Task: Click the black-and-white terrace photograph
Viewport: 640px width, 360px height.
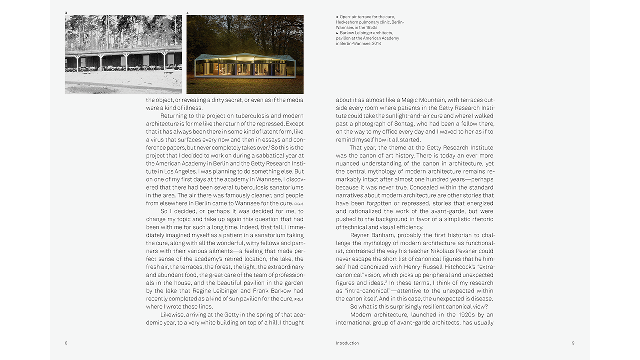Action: (x=123, y=54)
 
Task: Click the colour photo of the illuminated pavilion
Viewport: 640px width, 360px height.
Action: (x=245, y=54)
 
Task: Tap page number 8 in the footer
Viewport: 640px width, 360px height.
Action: (x=66, y=343)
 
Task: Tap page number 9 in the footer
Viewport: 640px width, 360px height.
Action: (x=573, y=343)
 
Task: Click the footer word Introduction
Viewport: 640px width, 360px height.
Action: (x=347, y=343)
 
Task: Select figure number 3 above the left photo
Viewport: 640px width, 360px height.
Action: (x=66, y=13)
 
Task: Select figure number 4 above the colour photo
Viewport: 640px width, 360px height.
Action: (x=188, y=13)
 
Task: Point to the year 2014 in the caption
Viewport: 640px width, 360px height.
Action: (x=376, y=44)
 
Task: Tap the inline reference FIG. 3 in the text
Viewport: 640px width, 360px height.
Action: (x=299, y=204)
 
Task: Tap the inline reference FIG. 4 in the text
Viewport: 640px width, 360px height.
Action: (x=299, y=299)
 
